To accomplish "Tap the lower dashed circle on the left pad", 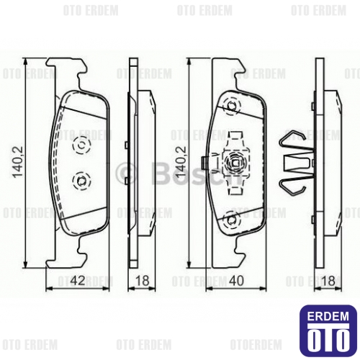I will (81, 180).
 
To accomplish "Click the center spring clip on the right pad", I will (235, 162).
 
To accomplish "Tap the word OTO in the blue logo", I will (327, 336).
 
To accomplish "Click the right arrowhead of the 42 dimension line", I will (107, 287).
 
